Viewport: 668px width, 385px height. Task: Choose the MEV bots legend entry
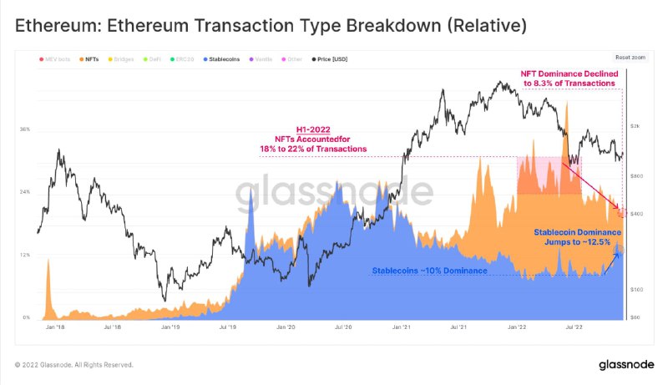57,60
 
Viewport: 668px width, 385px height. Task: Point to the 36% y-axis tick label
25,129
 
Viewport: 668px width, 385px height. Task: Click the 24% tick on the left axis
25,192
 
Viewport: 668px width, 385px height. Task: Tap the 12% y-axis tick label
25,255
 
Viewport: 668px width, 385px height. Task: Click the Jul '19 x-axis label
227,328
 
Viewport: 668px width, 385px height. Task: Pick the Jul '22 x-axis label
574,328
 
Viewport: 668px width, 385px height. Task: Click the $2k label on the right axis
635,126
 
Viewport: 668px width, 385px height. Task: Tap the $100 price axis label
636,289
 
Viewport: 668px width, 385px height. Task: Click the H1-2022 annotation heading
313,129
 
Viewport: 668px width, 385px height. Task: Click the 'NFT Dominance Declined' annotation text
569,74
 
